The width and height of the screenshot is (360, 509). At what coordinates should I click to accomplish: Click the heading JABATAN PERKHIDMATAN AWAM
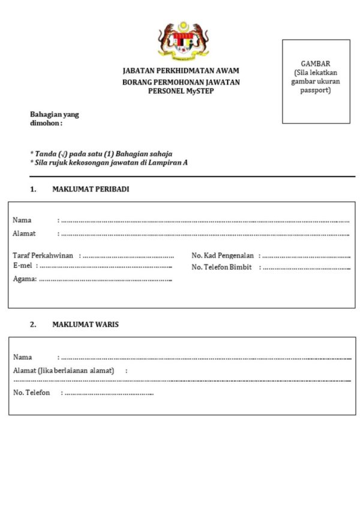coord(181,71)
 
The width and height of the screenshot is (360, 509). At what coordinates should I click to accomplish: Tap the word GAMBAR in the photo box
coord(316,64)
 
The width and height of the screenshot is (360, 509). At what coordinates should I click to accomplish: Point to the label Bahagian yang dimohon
coord(54,119)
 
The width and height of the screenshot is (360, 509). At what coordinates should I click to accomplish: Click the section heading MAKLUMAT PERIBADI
coord(91,189)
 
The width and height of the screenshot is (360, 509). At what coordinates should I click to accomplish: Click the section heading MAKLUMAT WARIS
coord(85,325)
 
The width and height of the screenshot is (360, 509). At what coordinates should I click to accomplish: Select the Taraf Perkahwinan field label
coord(43,255)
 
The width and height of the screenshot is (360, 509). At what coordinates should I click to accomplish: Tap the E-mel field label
coord(23,265)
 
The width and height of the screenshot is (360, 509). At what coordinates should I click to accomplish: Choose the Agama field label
coord(25,279)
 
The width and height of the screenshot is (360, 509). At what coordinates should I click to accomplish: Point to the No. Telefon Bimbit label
coord(221,267)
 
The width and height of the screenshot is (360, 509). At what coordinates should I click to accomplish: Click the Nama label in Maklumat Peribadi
coord(22,220)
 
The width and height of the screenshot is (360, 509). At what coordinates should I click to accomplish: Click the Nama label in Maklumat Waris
coord(22,357)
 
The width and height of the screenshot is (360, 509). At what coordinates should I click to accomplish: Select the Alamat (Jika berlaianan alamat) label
coord(64,370)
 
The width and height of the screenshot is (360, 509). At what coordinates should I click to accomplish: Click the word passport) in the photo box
coord(316,90)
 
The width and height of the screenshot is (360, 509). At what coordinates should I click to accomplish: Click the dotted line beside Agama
coord(106,279)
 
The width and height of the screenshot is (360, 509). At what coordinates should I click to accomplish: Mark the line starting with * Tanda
coord(101,154)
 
